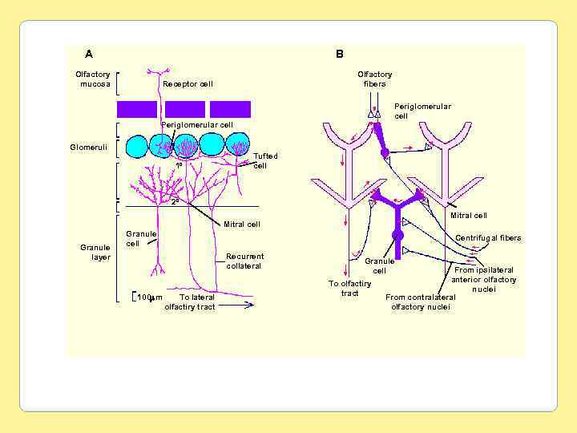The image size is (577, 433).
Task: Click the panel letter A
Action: (x=89, y=54)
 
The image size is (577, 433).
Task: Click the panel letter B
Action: (x=340, y=54)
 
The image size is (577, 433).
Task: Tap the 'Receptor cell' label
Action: (x=188, y=83)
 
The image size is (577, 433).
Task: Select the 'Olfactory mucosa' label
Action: (x=94, y=79)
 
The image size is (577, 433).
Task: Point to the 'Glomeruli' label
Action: (x=87, y=147)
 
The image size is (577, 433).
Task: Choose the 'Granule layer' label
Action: (x=95, y=253)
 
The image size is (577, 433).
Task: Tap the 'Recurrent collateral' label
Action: (x=244, y=261)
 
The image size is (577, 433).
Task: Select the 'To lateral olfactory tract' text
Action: (x=190, y=302)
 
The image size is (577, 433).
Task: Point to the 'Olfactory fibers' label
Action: (x=374, y=79)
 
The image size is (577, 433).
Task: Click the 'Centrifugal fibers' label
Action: (x=488, y=237)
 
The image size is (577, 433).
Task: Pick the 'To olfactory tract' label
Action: (x=350, y=288)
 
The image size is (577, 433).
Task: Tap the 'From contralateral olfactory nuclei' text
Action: (x=421, y=301)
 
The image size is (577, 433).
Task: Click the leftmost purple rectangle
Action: (x=137, y=109)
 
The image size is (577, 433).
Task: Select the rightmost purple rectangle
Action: (x=231, y=109)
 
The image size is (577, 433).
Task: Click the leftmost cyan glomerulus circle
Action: (x=137, y=146)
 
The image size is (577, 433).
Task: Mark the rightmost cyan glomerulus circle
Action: (x=239, y=145)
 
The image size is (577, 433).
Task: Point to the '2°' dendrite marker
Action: (x=176, y=202)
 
